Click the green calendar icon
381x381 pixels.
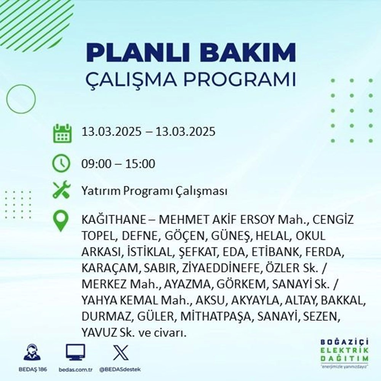pos(61,133)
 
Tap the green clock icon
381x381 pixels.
pos(61,164)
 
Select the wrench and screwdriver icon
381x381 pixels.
pos(61,190)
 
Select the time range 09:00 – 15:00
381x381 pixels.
pos(118,164)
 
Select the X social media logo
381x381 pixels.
pos(118,352)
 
